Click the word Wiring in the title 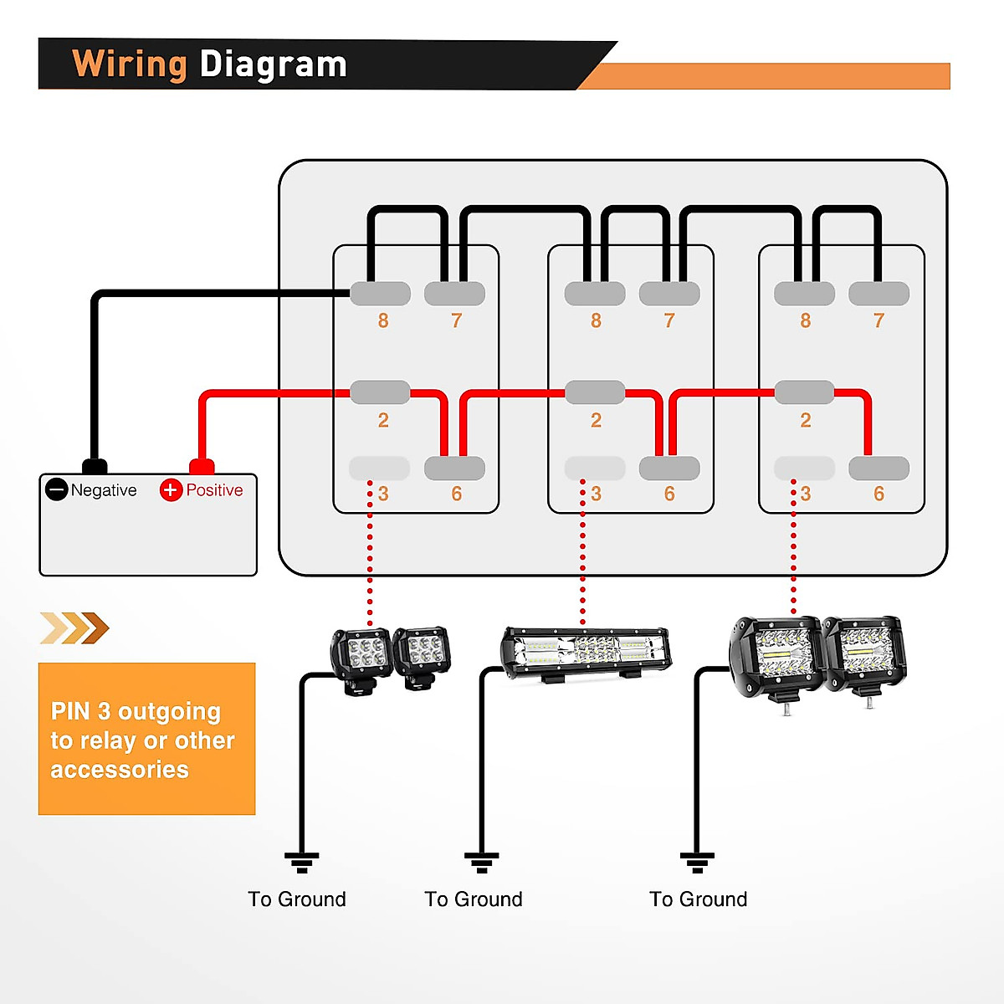coord(129,64)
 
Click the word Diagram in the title coord(273,64)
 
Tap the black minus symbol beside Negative coord(56,489)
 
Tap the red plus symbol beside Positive coord(171,489)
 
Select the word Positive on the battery coord(214,490)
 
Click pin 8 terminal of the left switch coord(380,294)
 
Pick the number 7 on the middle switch coord(668,320)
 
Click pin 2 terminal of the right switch coord(804,392)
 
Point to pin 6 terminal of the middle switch coord(668,469)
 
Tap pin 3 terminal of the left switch coord(379,469)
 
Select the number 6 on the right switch coord(878,494)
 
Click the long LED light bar coord(586,653)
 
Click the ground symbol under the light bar coord(482,862)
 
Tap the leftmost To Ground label coord(297,899)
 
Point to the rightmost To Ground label coord(699,899)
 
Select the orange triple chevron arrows coord(74,627)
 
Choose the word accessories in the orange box coord(120,770)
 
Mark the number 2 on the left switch coord(383,420)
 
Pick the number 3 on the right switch coord(805,494)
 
